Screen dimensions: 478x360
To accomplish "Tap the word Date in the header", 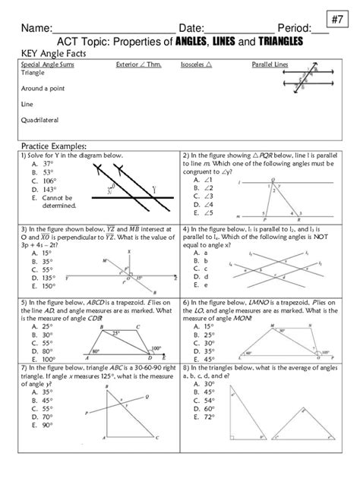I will click(x=193, y=27).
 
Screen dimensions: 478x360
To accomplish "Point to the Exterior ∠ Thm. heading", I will click(x=137, y=65).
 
